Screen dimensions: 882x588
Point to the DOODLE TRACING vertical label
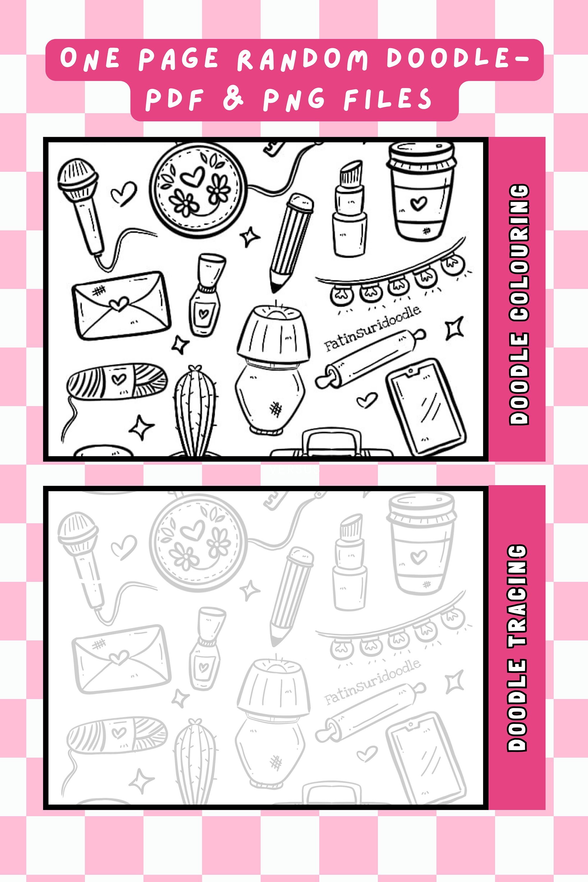click(x=517, y=648)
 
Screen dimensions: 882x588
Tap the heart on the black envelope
click(x=120, y=303)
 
